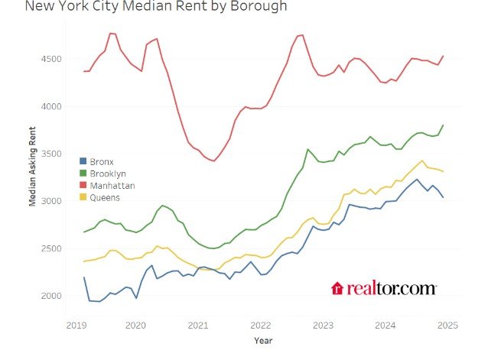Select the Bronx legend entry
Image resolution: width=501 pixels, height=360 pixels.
coord(102,161)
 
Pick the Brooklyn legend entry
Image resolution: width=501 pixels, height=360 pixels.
coord(106,174)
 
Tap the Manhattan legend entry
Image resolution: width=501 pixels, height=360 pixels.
coord(110,186)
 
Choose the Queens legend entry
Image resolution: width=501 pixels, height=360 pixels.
coord(104,198)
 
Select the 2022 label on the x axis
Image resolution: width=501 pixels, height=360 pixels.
coord(260,324)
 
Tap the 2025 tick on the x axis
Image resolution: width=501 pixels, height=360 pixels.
coord(447,324)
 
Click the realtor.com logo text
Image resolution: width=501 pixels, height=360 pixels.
coord(392,288)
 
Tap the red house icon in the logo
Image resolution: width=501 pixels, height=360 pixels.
coord(337,288)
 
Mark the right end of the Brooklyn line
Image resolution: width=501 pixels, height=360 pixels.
coord(443,125)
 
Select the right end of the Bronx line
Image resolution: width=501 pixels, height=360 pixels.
coord(443,197)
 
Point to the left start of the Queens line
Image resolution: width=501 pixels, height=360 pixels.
coord(83,261)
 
